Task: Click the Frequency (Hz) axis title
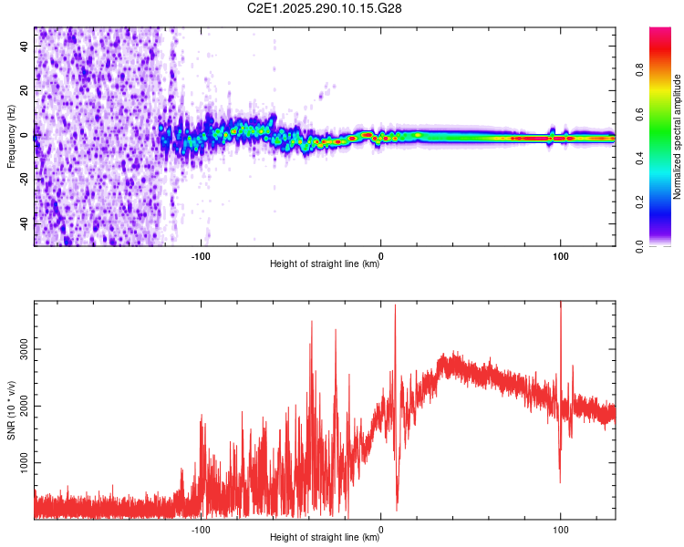tap(11, 137)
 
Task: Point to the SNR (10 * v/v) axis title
tap(11, 411)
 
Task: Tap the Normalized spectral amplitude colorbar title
tap(677, 137)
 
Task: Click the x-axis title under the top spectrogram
tap(325, 265)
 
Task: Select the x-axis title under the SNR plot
tap(325, 538)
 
